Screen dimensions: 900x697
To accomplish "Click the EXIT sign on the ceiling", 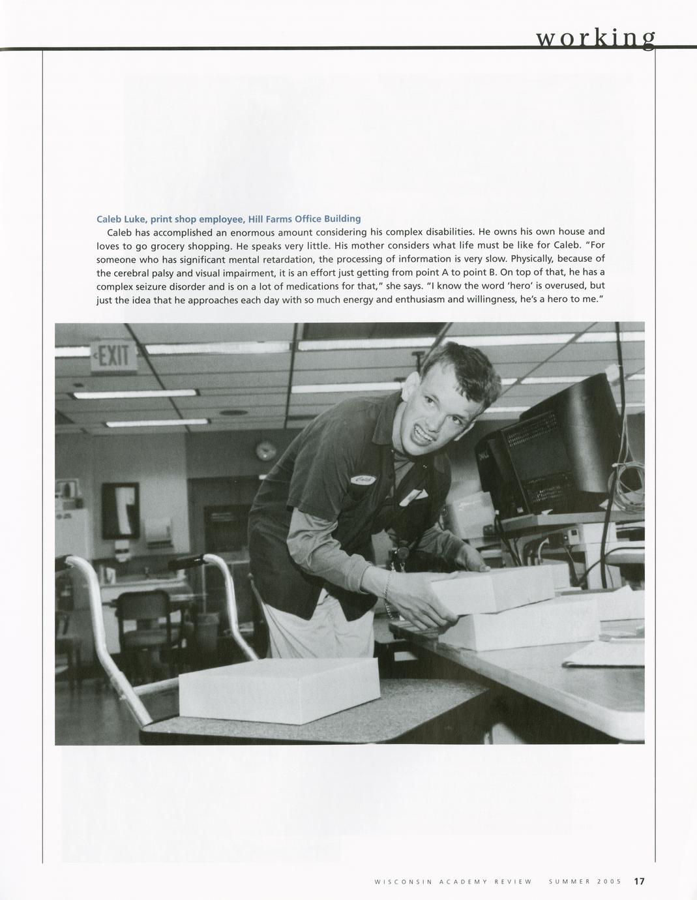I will click(x=114, y=357).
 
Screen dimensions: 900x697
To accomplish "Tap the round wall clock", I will click(x=265, y=449).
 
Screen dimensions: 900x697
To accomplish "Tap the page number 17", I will click(x=639, y=881).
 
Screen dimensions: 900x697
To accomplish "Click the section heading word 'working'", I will click(x=595, y=38).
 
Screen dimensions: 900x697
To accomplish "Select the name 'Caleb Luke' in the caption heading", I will click(x=121, y=218).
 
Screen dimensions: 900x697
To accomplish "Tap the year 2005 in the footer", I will click(x=612, y=882).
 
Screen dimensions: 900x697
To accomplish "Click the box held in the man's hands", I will click(x=492, y=590).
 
